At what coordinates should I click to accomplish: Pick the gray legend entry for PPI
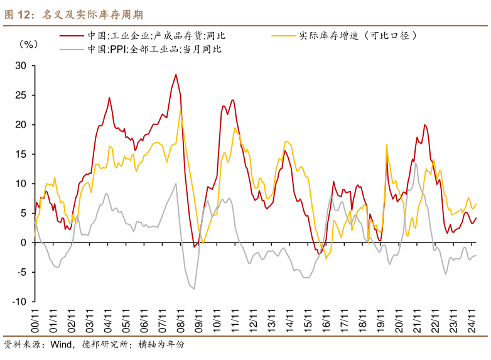[x=154, y=49]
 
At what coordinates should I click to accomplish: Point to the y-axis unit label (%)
[x=29, y=44]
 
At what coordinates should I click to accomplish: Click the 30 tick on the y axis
[x=21, y=65]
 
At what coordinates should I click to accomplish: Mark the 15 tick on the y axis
[x=21, y=154]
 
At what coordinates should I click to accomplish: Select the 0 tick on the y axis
[x=24, y=243]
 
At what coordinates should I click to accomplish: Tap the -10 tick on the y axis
[x=19, y=302]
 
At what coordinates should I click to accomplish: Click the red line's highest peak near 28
[x=176, y=75]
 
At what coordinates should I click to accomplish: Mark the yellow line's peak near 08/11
[x=181, y=110]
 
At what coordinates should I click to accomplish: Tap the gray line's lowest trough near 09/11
[x=194, y=289]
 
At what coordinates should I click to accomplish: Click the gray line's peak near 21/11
[x=415, y=163]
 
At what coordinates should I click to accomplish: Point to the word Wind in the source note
[x=62, y=344]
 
